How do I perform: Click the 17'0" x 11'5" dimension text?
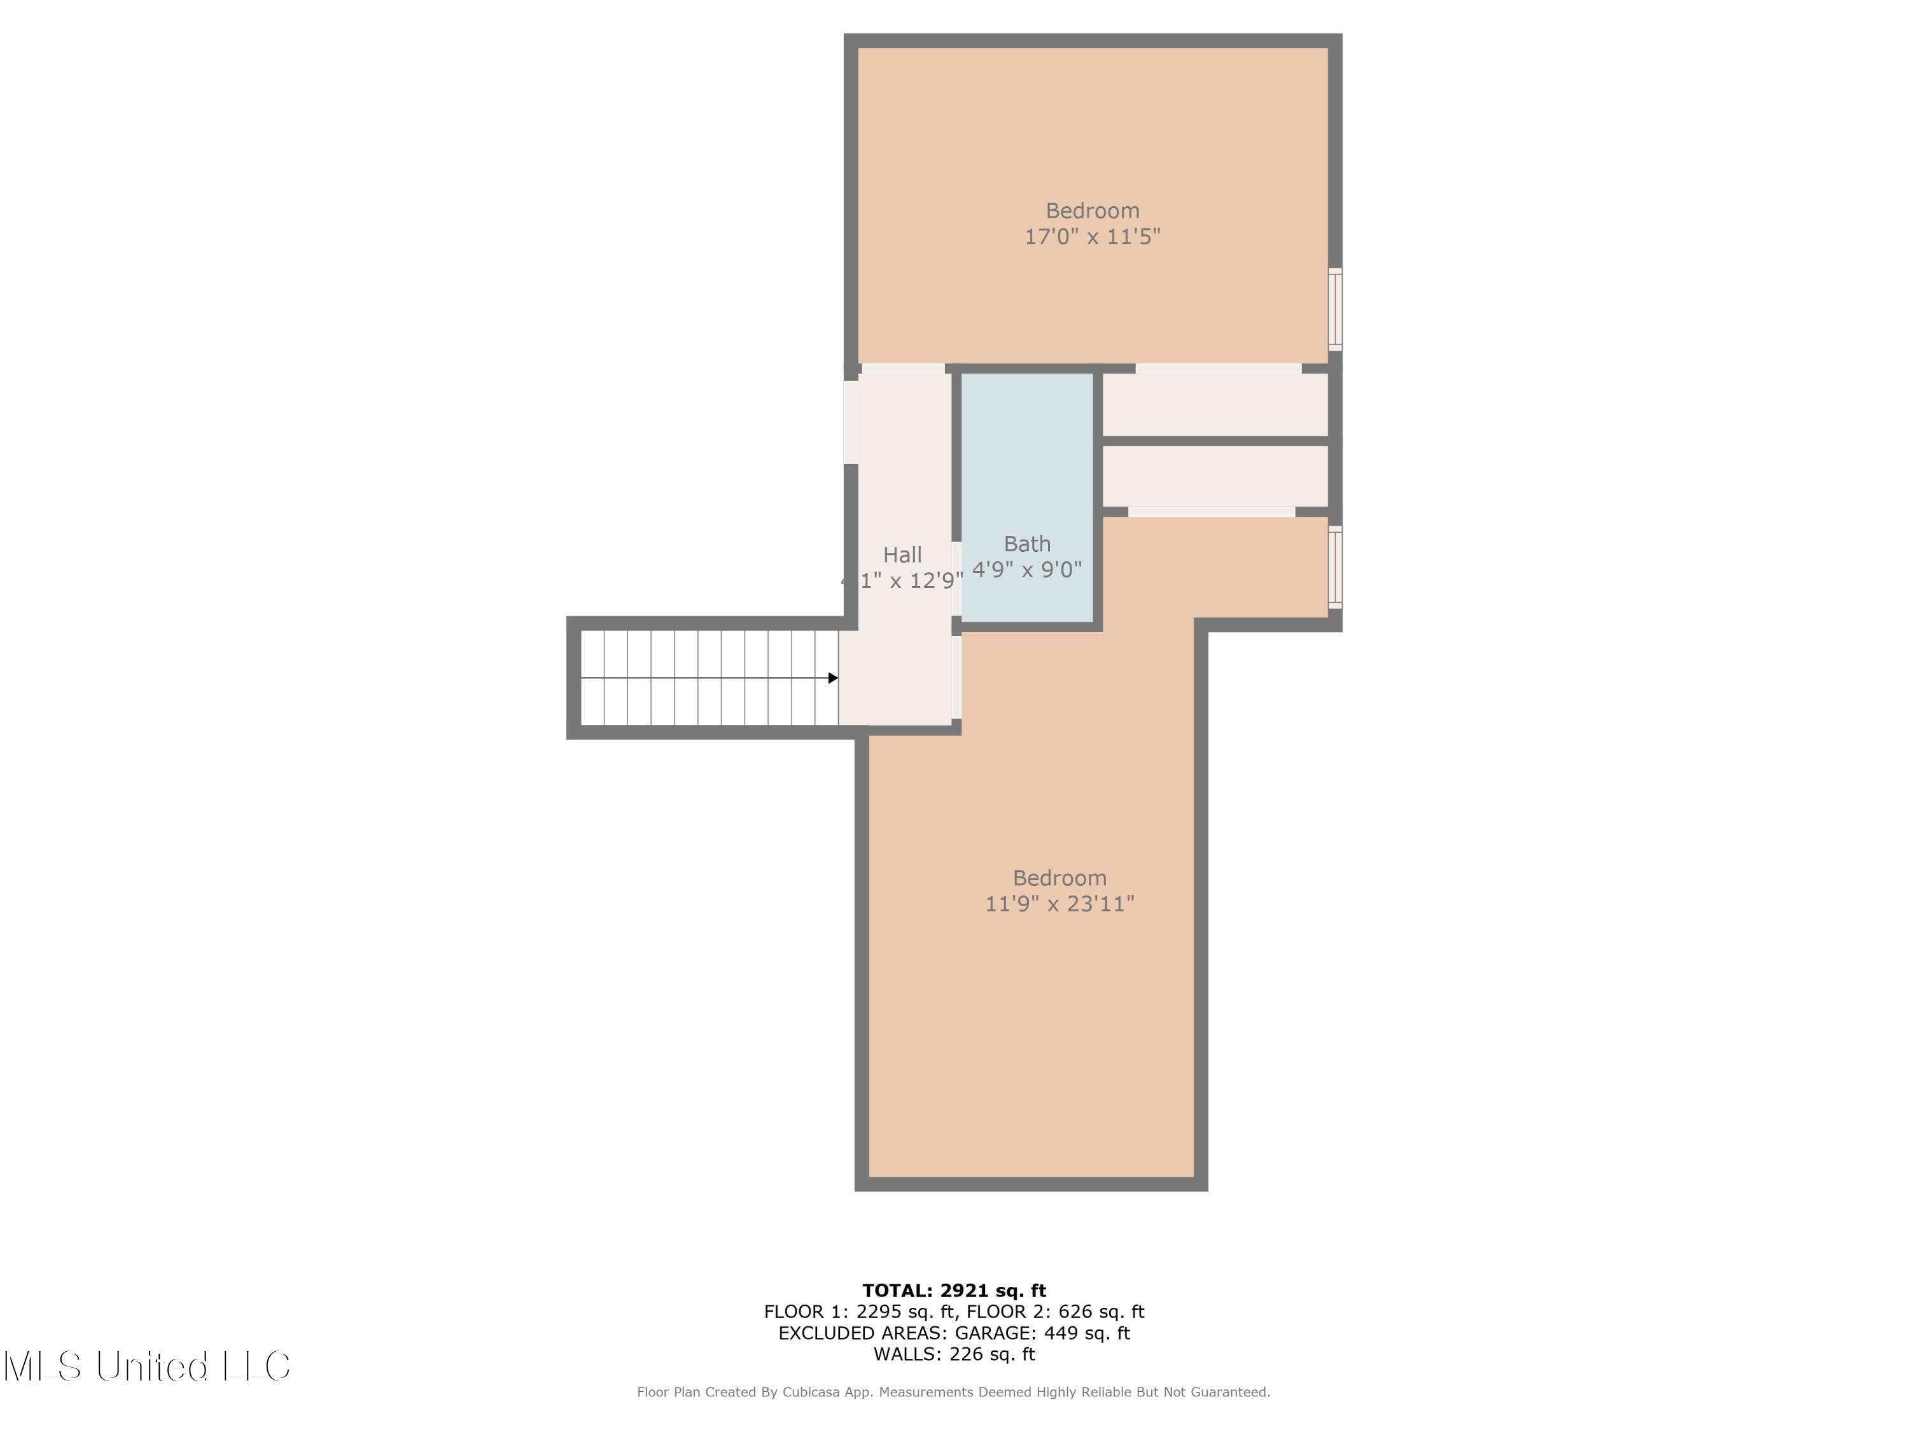(x=1092, y=237)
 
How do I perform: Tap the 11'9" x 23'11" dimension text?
(x=1059, y=904)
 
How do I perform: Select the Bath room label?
(x=1027, y=544)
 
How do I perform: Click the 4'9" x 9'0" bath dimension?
(x=1027, y=570)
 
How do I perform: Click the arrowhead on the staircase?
(x=833, y=678)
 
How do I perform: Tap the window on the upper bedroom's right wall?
(x=1334, y=309)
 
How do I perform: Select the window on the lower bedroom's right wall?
(x=1334, y=567)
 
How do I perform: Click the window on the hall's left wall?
(x=850, y=422)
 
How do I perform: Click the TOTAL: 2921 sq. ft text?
(x=954, y=1291)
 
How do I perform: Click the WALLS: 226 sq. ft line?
(x=954, y=1354)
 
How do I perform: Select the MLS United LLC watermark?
(x=147, y=1366)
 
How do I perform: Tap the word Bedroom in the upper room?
(x=1092, y=211)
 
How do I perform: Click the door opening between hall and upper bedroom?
(x=903, y=369)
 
